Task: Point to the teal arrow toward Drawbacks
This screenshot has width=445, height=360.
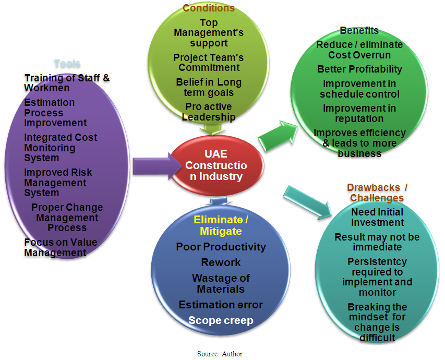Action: tap(308, 200)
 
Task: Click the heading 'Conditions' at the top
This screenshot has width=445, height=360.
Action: tap(209, 8)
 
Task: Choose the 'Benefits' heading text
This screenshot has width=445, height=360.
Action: tap(359, 31)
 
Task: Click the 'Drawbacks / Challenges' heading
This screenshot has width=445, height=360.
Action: tap(377, 193)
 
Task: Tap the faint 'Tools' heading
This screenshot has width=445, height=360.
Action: tap(67, 64)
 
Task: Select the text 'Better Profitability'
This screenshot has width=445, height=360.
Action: tap(359, 69)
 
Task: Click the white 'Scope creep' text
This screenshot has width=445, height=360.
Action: tap(221, 320)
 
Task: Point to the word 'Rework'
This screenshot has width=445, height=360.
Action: tap(221, 262)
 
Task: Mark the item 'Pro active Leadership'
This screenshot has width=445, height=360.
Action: tap(209, 112)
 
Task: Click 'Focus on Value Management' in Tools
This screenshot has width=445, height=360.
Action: tap(61, 247)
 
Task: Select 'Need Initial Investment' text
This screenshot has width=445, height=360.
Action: tap(377, 217)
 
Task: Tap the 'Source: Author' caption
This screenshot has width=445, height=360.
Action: tap(220, 354)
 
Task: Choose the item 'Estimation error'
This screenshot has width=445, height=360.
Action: tap(221, 305)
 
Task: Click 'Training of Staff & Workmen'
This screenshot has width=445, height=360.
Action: tap(67, 83)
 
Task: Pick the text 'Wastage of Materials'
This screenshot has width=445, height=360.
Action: tap(221, 283)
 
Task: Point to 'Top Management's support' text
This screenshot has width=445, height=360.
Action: tap(209, 32)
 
